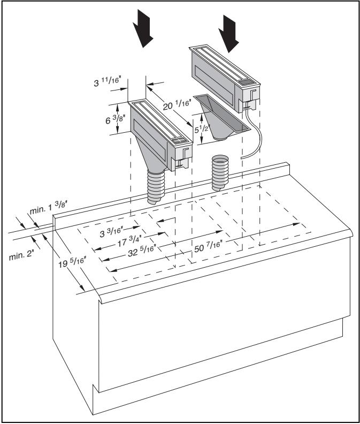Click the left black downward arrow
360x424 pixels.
(143, 29)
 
